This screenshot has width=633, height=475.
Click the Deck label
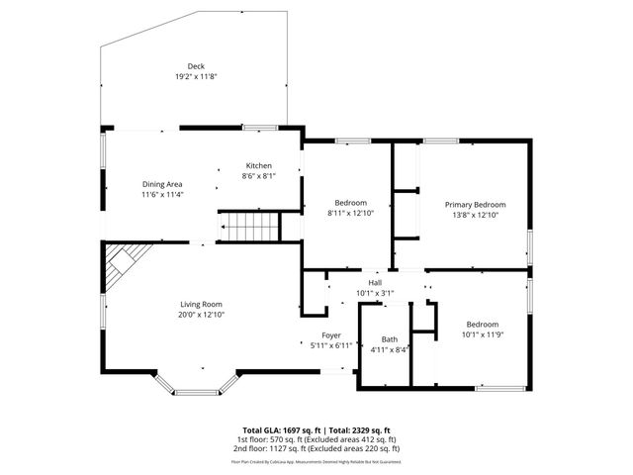pyautogui.click(x=196, y=66)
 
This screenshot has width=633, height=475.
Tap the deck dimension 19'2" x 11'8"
pyautogui.click(x=196, y=76)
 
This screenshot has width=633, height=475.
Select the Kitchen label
pyautogui.click(x=259, y=165)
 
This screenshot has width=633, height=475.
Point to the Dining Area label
pyautogui.click(x=162, y=184)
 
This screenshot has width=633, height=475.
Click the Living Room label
pyautogui.click(x=201, y=304)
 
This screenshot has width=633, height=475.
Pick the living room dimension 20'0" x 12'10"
pyautogui.click(x=201, y=314)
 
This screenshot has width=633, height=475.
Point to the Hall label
pyautogui.click(x=375, y=283)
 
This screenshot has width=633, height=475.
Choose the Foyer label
pyautogui.click(x=331, y=335)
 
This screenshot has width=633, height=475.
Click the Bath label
pyautogui.click(x=390, y=339)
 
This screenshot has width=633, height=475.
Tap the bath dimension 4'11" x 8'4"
pyautogui.click(x=390, y=349)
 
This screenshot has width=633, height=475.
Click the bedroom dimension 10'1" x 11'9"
pyautogui.click(x=483, y=334)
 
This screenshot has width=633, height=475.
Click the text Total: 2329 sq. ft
pyautogui.click(x=358, y=430)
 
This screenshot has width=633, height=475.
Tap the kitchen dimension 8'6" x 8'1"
pyautogui.click(x=259, y=175)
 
